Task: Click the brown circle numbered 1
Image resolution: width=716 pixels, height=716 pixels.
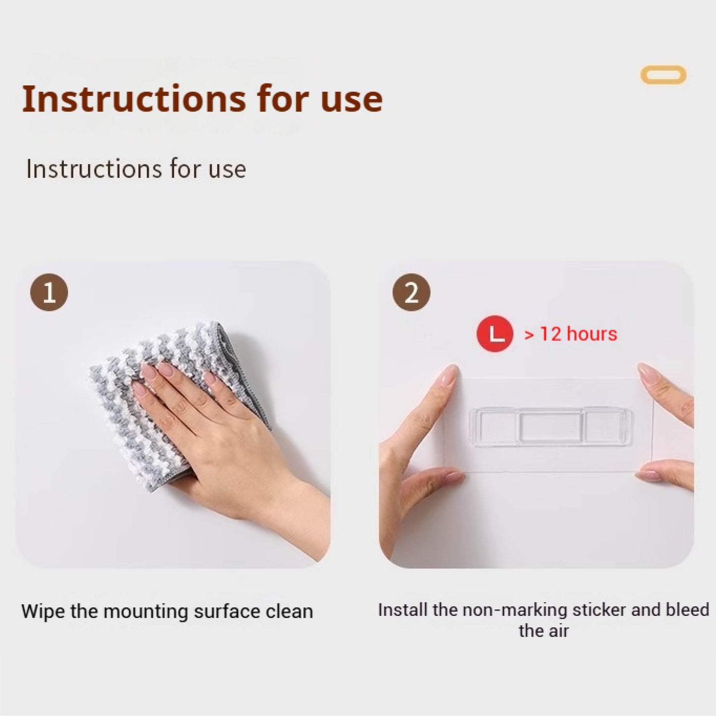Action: pos(49,292)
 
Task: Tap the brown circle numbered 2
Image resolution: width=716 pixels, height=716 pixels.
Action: pos(411,292)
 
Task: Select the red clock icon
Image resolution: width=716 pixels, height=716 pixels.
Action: pos(495,333)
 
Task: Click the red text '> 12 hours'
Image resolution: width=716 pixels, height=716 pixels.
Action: pos(571,334)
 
